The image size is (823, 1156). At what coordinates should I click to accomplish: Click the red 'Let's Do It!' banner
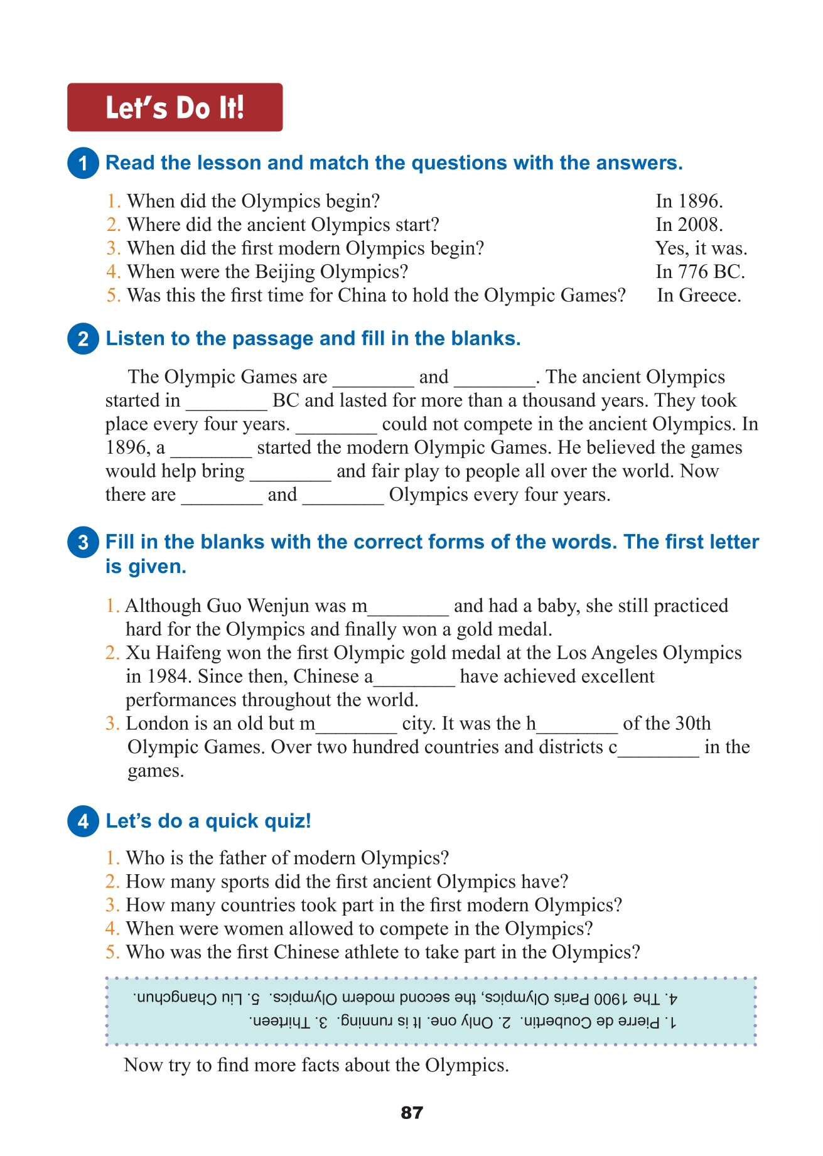coord(175,107)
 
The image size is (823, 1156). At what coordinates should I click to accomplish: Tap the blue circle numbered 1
coord(83,163)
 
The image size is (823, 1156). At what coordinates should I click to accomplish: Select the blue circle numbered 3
coord(83,542)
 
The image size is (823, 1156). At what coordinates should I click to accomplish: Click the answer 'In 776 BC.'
coord(700,272)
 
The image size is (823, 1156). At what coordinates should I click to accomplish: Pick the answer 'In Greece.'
coord(699,296)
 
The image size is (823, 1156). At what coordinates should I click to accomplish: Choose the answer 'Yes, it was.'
coord(701,249)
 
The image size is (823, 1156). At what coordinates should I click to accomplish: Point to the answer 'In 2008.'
coord(689,225)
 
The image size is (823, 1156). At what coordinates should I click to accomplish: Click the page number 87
coord(412,1113)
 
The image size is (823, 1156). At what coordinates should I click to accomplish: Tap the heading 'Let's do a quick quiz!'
coord(208,821)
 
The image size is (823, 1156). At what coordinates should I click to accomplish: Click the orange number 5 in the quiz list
coord(112,953)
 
